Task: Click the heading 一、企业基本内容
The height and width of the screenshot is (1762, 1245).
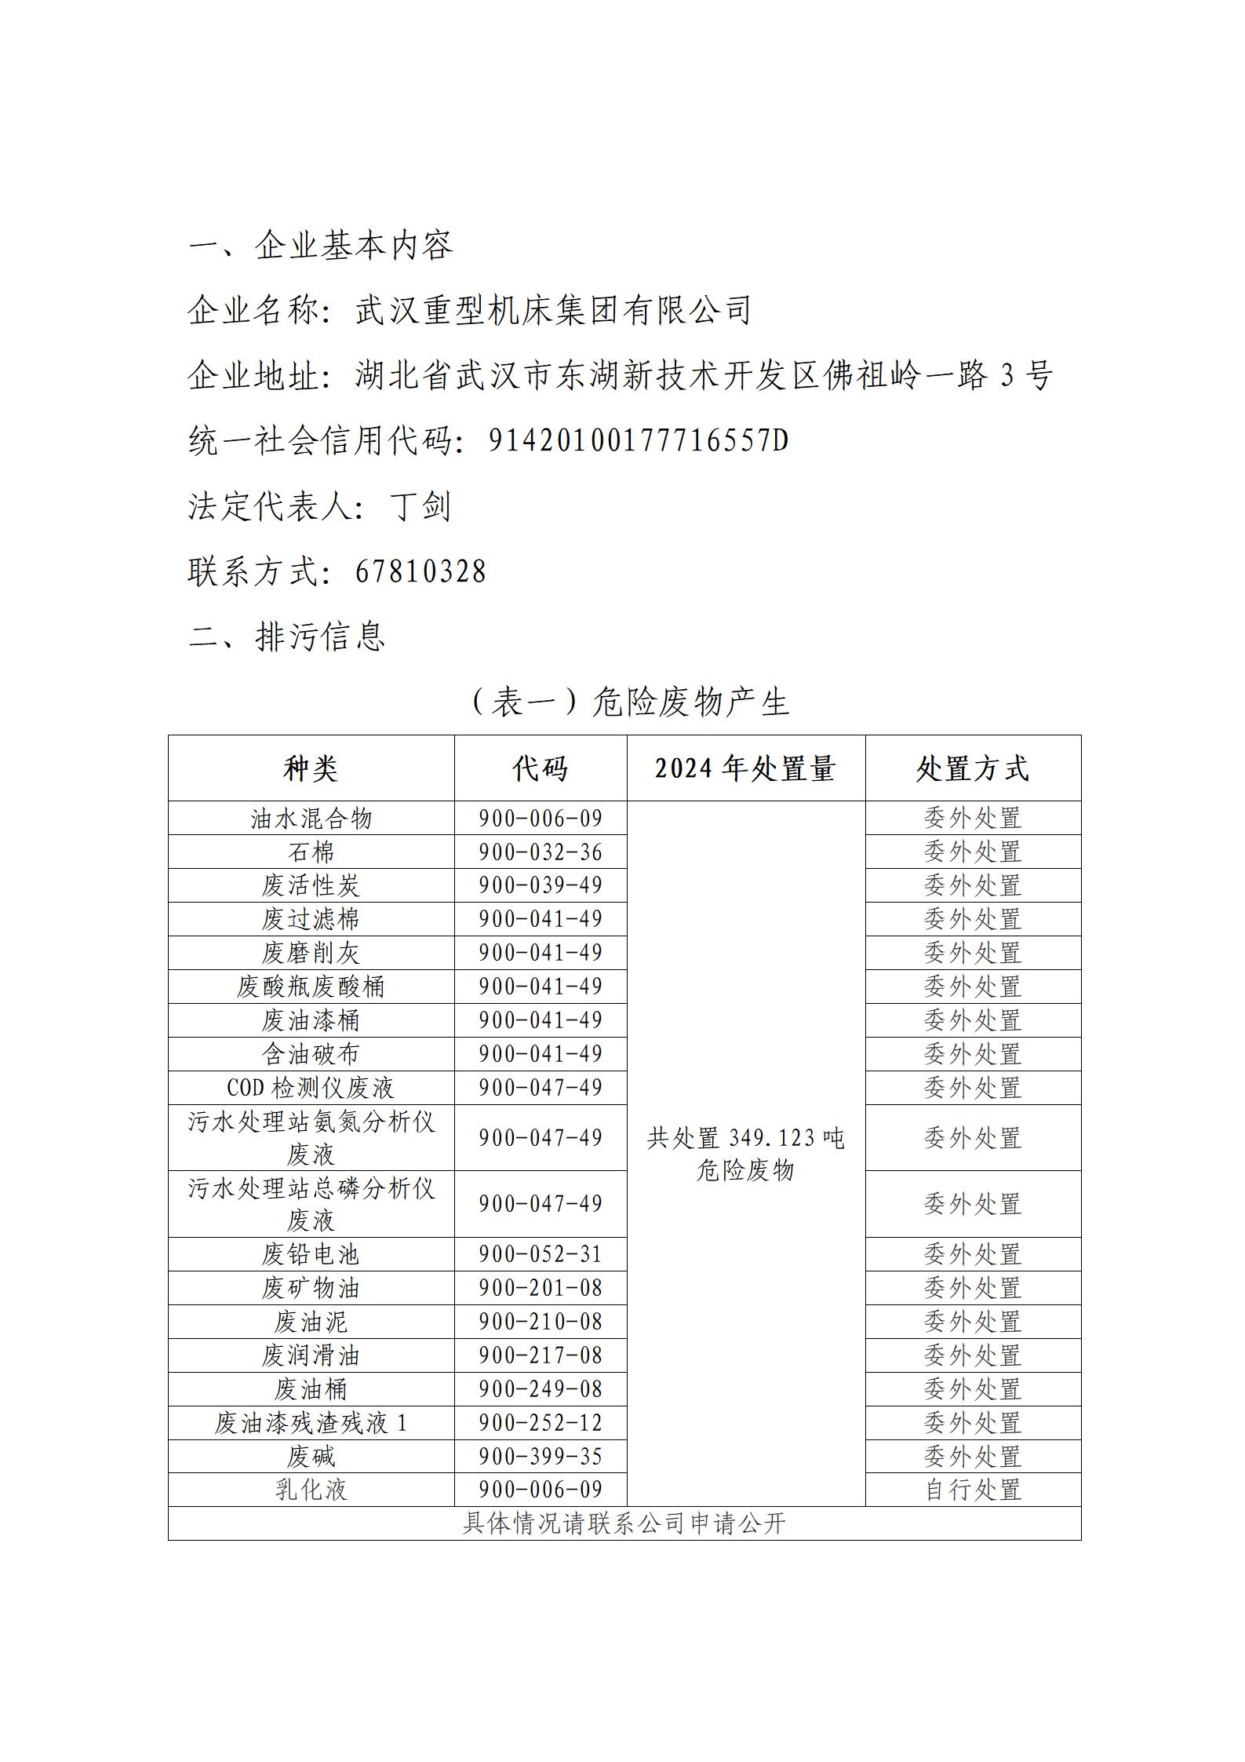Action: tap(321, 246)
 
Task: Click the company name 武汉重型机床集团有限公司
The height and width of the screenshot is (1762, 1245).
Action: tap(553, 311)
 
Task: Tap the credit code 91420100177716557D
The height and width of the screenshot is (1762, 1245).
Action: tap(638, 441)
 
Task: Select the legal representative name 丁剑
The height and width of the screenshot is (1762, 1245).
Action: tap(420, 506)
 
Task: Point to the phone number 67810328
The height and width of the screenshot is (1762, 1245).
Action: tap(420, 571)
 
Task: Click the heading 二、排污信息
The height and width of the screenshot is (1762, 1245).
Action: tap(287, 637)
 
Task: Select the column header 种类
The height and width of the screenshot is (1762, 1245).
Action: tap(311, 768)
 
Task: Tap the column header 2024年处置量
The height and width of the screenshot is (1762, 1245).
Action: tap(745, 768)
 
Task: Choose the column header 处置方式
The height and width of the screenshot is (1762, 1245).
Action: tap(972, 768)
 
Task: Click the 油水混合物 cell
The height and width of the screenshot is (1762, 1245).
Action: tap(311, 819)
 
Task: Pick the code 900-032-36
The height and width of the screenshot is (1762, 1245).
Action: tap(541, 852)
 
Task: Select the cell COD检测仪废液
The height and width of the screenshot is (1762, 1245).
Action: tap(311, 1088)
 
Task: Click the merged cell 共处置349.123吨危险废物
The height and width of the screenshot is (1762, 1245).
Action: tap(745, 1154)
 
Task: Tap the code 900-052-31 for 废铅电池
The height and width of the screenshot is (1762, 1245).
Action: tap(541, 1254)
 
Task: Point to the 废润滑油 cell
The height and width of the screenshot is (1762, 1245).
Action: tap(311, 1355)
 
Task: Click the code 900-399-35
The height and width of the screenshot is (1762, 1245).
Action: tap(541, 1457)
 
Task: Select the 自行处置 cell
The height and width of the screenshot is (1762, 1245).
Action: tap(972, 1490)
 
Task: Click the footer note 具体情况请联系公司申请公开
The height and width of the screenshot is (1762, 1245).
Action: tap(624, 1523)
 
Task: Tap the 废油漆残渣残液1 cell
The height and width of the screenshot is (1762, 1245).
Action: tap(311, 1423)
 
